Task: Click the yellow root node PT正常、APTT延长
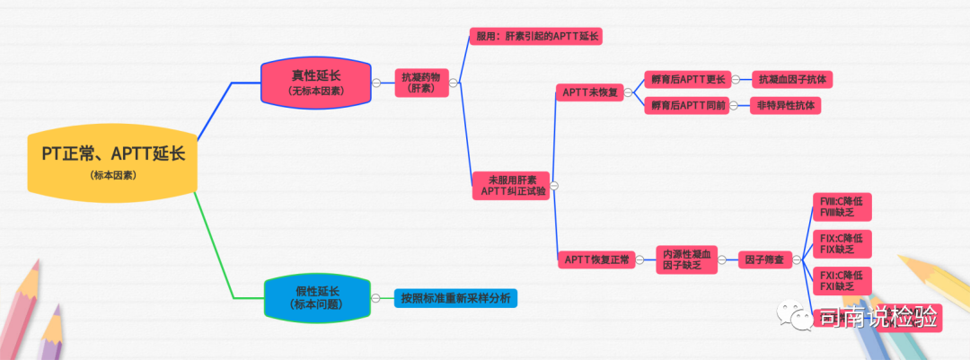coord(112,161)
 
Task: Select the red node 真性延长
coord(316,82)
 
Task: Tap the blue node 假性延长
coord(316,297)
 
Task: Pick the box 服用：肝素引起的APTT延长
coord(536,36)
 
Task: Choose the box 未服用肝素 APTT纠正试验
coord(513,185)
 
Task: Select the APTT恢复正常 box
coord(597,259)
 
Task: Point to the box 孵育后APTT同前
coord(683,105)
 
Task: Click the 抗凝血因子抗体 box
coord(792,80)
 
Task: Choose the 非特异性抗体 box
coord(786,105)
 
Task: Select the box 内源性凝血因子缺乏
coord(686,259)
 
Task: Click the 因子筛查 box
coord(763,259)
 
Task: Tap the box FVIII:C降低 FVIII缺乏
coord(841,206)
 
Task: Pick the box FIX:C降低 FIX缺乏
coord(841,242)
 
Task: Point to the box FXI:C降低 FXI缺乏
coord(841,279)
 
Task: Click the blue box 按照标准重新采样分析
coord(456,297)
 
